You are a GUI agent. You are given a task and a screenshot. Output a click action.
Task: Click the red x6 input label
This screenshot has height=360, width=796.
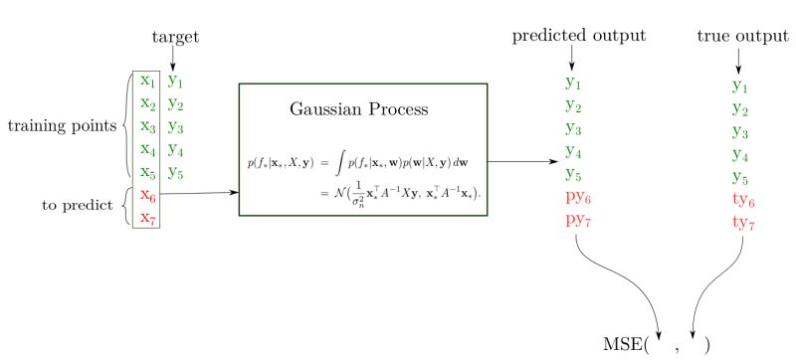tap(147, 195)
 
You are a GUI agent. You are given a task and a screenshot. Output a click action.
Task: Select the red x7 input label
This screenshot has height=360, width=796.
tap(147, 218)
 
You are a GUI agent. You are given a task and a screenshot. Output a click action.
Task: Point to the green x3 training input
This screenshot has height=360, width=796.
tap(147, 126)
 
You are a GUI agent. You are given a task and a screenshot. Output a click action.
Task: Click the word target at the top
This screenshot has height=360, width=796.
tap(175, 37)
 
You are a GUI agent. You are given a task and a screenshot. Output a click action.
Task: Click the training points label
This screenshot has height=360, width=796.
tap(62, 126)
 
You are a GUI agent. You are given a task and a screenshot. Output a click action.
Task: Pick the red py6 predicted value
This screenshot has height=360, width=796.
tap(576, 196)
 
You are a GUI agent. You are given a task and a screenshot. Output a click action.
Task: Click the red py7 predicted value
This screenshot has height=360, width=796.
tap(576, 219)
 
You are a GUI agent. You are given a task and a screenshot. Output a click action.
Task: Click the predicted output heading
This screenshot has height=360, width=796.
tap(579, 37)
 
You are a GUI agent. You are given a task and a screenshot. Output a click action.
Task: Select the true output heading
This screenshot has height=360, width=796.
tap(743, 37)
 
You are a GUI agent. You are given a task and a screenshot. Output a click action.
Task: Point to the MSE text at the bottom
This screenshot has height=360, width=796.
tap(623, 344)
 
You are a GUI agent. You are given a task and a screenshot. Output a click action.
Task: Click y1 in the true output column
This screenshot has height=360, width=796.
tap(740, 87)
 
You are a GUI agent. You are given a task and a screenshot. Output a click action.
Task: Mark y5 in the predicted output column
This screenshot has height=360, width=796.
tap(573, 173)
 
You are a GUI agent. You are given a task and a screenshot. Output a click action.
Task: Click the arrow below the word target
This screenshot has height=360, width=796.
tap(175, 58)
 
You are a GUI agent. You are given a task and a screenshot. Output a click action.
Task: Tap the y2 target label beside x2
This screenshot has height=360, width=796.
tap(175, 103)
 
